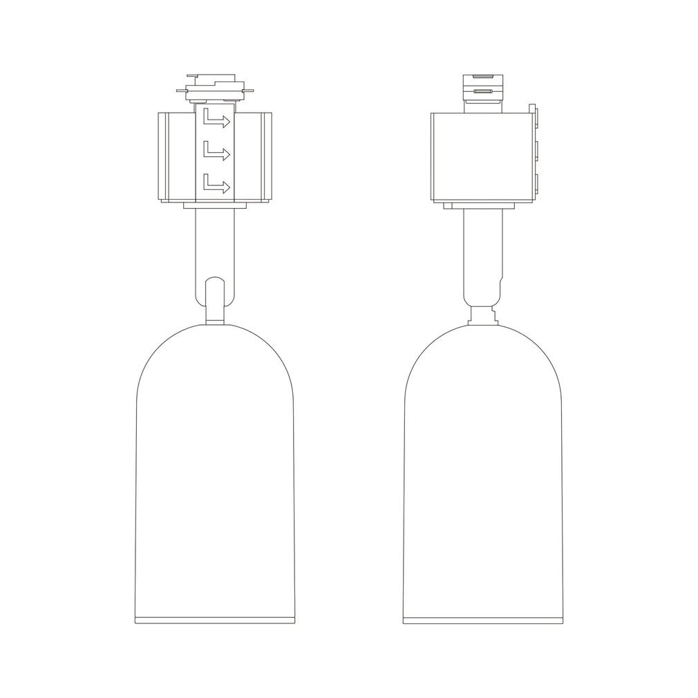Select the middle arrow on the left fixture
click(x=216, y=151)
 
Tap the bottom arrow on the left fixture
click(x=216, y=184)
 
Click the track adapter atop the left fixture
click(x=215, y=89)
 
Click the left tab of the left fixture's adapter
click(x=182, y=90)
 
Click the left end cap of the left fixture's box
click(x=163, y=157)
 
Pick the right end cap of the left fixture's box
click(x=267, y=157)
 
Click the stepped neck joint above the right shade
click(x=482, y=315)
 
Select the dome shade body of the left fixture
click(x=215, y=470)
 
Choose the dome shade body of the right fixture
click(x=482, y=470)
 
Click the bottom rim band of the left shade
click(x=215, y=619)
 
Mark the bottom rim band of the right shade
click(x=482, y=619)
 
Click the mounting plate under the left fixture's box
click(x=215, y=205)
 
